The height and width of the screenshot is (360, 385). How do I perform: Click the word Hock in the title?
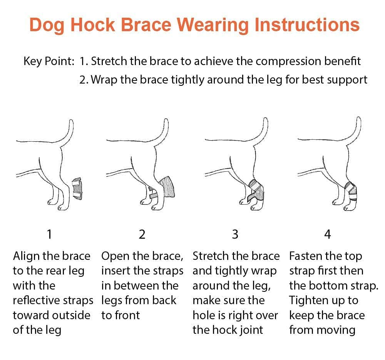(93, 25)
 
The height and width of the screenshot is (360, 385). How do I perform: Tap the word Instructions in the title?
(307, 25)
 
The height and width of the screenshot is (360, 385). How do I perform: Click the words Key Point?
(49, 61)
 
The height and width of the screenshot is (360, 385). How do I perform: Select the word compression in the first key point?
(288, 61)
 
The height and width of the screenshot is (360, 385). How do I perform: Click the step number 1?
(49, 234)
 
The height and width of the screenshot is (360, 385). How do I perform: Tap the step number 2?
(142, 234)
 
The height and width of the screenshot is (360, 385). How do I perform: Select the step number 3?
(235, 234)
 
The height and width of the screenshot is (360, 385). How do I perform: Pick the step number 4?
(328, 234)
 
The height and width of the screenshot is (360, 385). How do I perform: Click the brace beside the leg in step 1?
(77, 189)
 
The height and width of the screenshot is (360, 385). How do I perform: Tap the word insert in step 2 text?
(116, 271)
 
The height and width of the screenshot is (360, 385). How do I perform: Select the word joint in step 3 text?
(251, 330)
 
